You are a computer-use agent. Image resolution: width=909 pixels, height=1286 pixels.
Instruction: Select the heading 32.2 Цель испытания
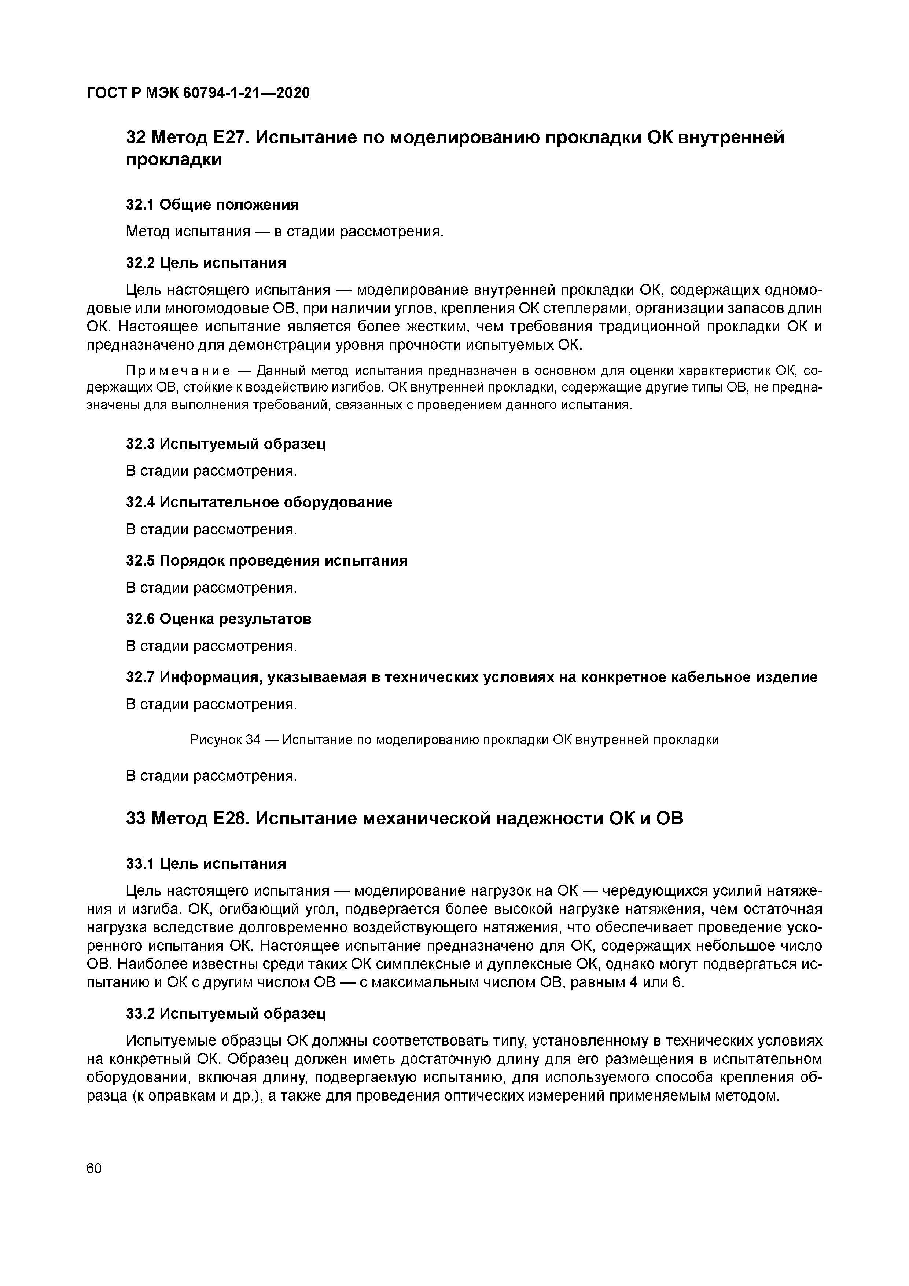206,263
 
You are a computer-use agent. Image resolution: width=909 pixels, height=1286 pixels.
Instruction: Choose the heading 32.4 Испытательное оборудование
259,503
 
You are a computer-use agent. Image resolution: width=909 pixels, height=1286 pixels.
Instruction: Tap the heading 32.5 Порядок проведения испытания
266,561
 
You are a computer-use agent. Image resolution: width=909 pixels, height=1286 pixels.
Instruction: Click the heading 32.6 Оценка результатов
218,619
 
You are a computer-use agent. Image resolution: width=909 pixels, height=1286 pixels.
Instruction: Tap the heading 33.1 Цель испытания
206,864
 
